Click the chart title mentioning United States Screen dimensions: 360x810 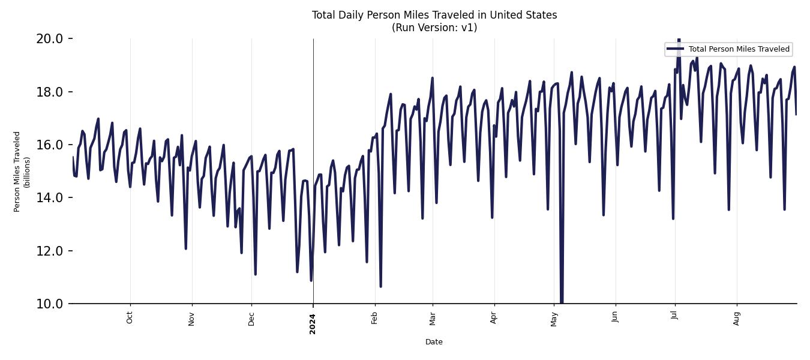click(x=434, y=15)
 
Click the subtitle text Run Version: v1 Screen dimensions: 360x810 click(x=434, y=28)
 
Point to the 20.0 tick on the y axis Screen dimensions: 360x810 click(x=50, y=39)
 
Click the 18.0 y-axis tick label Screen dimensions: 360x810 click(x=50, y=92)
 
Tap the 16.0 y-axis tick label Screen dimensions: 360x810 click(x=50, y=145)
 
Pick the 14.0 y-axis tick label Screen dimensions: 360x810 click(x=50, y=198)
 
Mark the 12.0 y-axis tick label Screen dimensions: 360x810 click(x=50, y=251)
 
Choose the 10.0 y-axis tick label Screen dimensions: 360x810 click(x=50, y=304)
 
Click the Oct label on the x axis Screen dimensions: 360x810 click(x=130, y=317)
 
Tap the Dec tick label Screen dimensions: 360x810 click(x=251, y=317)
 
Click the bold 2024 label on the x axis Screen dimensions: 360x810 click(x=313, y=324)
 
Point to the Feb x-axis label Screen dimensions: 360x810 click(x=374, y=317)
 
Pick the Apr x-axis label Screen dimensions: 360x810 click(x=494, y=317)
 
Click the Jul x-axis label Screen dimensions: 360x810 click(x=674, y=316)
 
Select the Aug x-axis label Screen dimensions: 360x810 click(x=737, y=317)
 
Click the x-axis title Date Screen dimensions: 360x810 click(x=434, y=342)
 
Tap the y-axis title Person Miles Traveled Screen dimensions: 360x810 click(x=17, y=172)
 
